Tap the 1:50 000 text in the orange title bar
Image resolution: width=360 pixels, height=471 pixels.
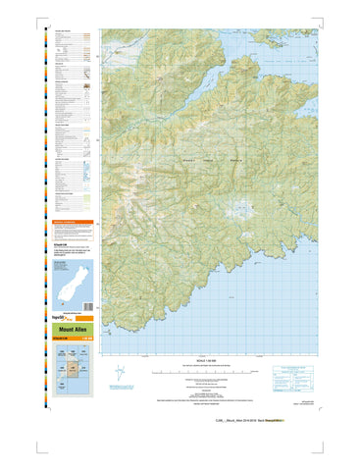click(x=86, y=340)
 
